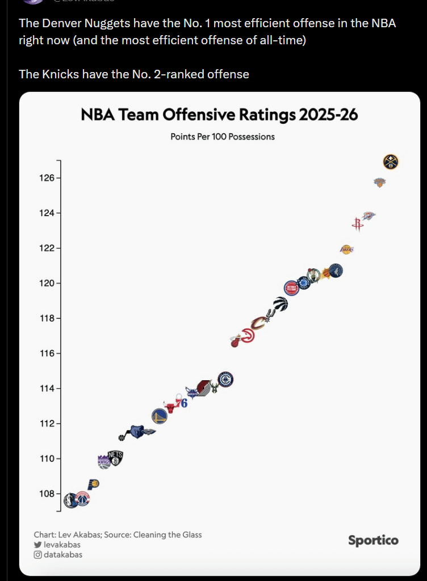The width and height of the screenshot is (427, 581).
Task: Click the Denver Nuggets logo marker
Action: (391, 162)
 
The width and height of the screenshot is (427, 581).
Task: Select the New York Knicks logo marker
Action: (379, 182)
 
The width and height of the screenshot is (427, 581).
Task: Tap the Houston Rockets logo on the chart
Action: (357, 224)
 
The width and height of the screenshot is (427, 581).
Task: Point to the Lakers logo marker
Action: (346, 249)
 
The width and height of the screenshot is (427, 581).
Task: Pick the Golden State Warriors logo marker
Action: (159, 416)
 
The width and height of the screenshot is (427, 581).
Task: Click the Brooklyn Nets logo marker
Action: (115, 457)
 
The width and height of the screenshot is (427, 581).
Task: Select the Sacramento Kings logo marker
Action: (104, 461)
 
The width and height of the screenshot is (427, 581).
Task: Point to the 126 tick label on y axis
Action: (46, 178)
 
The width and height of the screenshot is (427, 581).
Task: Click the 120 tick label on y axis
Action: (46, 284)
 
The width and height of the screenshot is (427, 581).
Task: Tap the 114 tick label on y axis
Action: (46, 389)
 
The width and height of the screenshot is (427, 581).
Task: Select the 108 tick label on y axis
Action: (46, 494)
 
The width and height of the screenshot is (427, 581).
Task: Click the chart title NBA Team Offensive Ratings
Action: (219, 115)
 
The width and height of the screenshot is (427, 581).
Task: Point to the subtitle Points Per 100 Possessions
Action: (223, 137)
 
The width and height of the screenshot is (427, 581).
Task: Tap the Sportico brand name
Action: (373, 540)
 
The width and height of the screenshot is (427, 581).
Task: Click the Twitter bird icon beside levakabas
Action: (38, 545)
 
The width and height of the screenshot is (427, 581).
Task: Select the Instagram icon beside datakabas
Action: (38, 555)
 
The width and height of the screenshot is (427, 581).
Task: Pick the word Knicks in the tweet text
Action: (62, 74)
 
